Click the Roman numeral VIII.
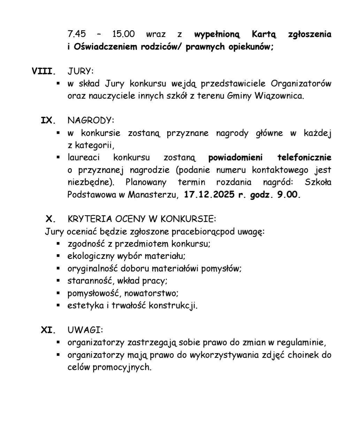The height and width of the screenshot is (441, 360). (44, 72)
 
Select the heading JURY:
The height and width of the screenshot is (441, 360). (81, 71)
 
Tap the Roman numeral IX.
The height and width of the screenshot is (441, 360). (48, 121)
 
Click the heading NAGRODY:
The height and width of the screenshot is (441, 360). (91, 121)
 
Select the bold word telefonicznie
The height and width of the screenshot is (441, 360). (304, 157)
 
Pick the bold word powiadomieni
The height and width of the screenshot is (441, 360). (235, 157)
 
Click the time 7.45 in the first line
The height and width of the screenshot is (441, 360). (77, 34)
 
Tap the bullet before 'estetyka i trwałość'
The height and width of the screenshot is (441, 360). (59, 305)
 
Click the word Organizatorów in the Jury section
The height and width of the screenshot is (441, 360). (301, 84)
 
